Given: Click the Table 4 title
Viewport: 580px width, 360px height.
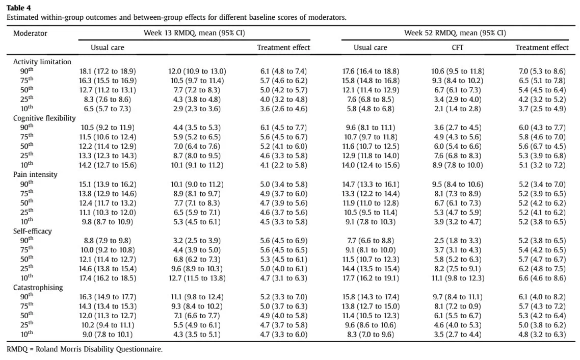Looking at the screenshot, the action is point(18,8).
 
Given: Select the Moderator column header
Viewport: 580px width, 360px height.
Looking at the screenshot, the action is point(30,33).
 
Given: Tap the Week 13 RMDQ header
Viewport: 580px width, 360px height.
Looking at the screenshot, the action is point(194,33).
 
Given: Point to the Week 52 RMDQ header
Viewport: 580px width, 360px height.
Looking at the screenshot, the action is point(455,33).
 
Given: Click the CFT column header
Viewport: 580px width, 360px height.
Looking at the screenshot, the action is point(457,48).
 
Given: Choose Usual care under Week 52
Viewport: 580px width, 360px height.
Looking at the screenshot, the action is point(370,48).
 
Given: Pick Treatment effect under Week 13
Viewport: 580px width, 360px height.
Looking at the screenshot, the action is point(283,48).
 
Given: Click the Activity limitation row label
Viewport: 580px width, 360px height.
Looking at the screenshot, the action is point(42,62).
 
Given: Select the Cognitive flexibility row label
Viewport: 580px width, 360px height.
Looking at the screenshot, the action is point(44,118).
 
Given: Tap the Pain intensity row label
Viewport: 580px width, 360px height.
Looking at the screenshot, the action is point(35,174).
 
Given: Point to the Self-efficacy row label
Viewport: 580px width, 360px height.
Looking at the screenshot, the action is point(33,231).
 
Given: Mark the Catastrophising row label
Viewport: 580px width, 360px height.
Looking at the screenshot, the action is point(38,288).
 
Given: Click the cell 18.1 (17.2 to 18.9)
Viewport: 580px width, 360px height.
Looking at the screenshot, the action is point(108,71).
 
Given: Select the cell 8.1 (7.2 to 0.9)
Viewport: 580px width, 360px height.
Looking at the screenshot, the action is point(458,306).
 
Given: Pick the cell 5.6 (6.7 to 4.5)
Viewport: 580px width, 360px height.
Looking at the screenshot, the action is point(542,146).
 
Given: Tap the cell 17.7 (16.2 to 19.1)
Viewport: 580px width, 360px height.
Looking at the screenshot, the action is point(371,278).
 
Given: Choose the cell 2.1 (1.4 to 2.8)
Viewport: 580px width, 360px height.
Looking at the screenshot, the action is point(458,109).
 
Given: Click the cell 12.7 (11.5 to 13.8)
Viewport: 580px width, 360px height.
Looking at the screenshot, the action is point(197,278).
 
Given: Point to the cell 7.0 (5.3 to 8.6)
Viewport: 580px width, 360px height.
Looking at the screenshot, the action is point(542,71).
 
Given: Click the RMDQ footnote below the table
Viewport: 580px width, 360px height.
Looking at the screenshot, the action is point(84,349).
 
